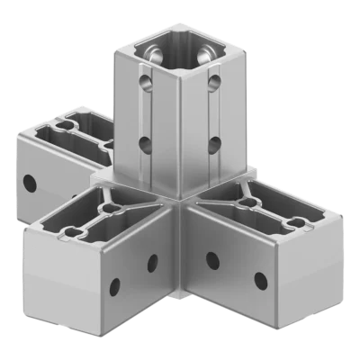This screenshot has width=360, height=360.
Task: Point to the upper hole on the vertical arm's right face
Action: pos(213,84)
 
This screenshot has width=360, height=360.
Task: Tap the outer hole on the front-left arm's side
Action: pos(114,287)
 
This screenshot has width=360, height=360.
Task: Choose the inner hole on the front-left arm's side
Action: pos(152,263)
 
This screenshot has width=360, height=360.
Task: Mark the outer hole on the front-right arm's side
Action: pos(260,278)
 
